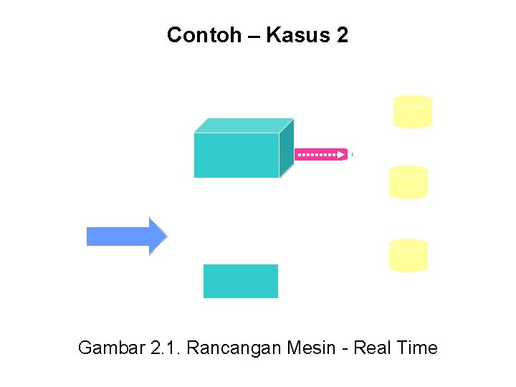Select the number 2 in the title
coord(341,35)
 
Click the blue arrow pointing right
coord(126,236)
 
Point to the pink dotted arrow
coord(321,154)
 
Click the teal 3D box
coord(236,155)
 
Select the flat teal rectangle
coord(240,281)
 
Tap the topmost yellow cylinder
coord(413,112)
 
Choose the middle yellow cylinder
coord(408,182)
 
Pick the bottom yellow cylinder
coord(408,255)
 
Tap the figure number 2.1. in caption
coord(163,348)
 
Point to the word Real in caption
coord(373,348)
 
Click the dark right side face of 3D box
coord(287,148)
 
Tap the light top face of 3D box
coord(244,125)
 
